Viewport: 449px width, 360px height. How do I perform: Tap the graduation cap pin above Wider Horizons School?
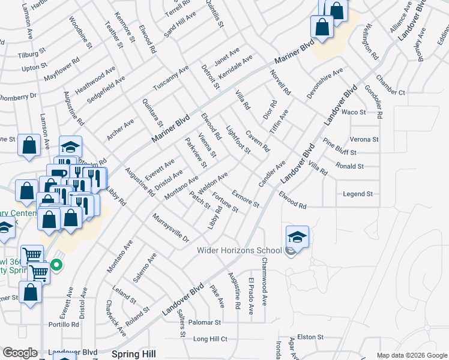click(297, 237)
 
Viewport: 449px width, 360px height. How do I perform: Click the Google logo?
click(20, 353)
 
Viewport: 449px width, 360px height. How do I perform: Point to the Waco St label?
click(354, 112)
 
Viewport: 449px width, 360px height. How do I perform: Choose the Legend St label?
click(358, 194)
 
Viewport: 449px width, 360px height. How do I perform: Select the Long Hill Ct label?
click(210, 339)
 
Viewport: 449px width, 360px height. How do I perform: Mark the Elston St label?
click(310, 337)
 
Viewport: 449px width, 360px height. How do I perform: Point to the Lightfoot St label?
click(238, 139)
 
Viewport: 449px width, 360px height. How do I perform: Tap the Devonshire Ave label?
click(324, 79)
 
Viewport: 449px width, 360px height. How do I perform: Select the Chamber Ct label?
click(390, 92)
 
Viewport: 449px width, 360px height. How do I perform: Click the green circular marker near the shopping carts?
click(56, 264)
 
